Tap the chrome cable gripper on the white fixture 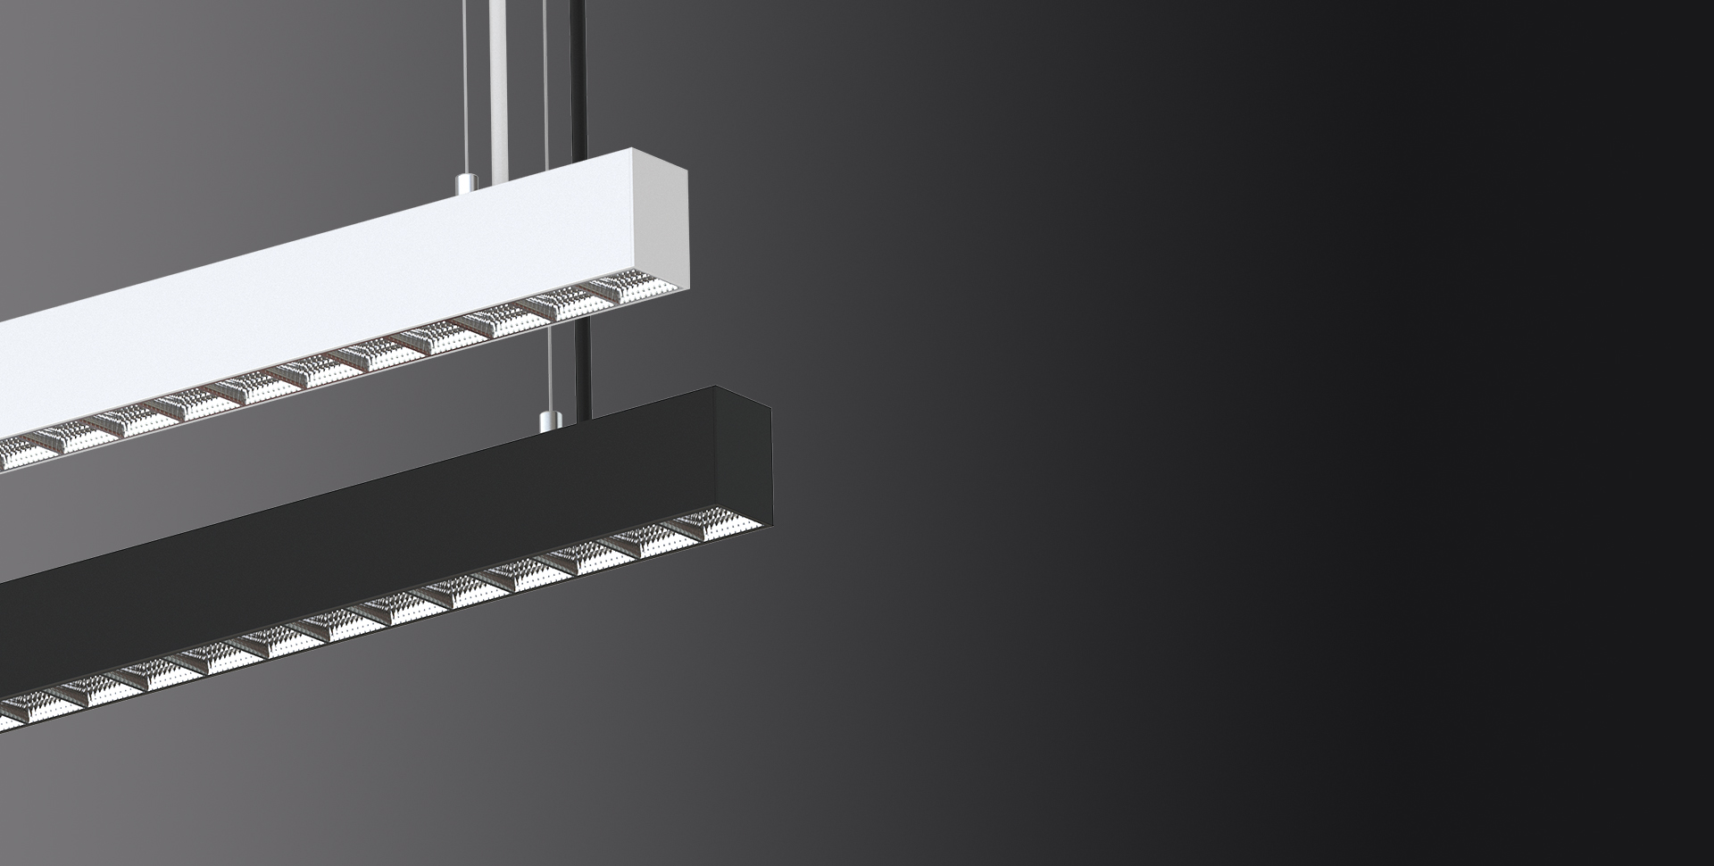coord(463,184)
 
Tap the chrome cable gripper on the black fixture coord(547,419)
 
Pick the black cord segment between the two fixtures coord(585,357)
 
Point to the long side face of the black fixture coord(357,545)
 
